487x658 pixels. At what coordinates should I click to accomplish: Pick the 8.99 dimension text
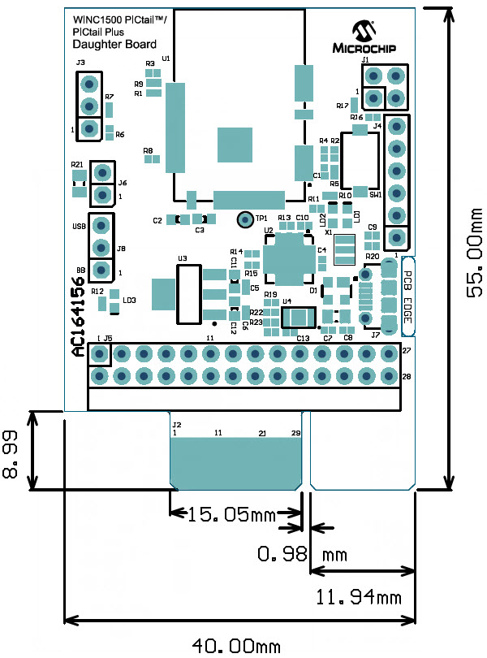(12, 454)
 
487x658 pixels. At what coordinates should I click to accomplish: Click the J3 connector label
(80, 63)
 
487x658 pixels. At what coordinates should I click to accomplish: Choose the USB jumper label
(78, 226)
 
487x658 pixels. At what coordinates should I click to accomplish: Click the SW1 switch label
(375, 195)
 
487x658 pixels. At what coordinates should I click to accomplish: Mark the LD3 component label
(129, 301)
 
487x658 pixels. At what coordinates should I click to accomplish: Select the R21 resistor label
(77, 163)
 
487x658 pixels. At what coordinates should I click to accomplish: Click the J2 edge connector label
(176, 424)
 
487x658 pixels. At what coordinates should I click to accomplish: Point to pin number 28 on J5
(407, 376)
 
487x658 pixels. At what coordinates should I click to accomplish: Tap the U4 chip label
(287, 301)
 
